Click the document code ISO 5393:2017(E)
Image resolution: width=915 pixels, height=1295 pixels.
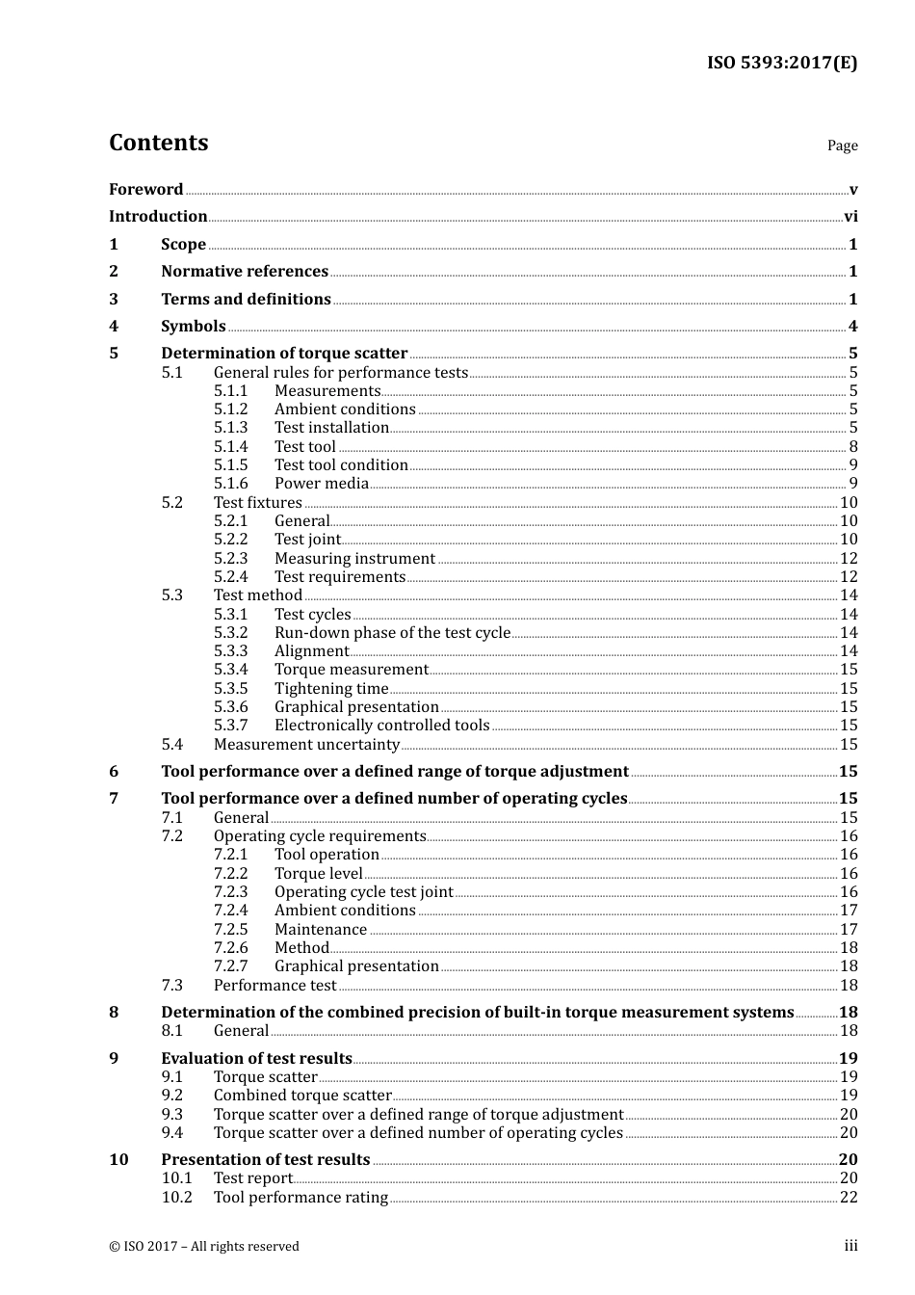782,63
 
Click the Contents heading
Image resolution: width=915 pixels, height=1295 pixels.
158,143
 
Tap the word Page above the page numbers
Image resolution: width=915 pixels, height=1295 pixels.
842,145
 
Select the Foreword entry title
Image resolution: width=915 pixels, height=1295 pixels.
145,190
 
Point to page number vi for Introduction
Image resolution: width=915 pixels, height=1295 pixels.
850,217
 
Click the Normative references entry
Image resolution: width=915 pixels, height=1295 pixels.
245,272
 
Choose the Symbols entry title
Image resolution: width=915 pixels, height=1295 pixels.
194,327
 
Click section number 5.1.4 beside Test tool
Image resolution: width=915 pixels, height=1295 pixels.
230,447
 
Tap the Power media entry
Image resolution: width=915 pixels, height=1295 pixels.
322,484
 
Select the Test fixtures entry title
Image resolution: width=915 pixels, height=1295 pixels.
258,503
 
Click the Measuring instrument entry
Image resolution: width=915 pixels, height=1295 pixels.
354,559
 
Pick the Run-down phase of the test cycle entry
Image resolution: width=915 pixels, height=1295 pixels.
392,633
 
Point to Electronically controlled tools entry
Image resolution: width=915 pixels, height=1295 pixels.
381,726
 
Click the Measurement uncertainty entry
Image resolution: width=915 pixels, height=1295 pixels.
306,745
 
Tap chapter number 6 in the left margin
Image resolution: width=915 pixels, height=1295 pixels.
114,772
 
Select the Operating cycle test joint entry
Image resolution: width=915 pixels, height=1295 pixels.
363,892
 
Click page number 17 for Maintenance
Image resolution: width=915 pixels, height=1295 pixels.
849,930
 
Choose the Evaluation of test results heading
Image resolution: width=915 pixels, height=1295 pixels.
256,1059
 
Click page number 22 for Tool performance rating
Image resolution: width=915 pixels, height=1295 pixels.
849,1198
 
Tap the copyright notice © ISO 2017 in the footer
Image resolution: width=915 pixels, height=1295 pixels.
204,1247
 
